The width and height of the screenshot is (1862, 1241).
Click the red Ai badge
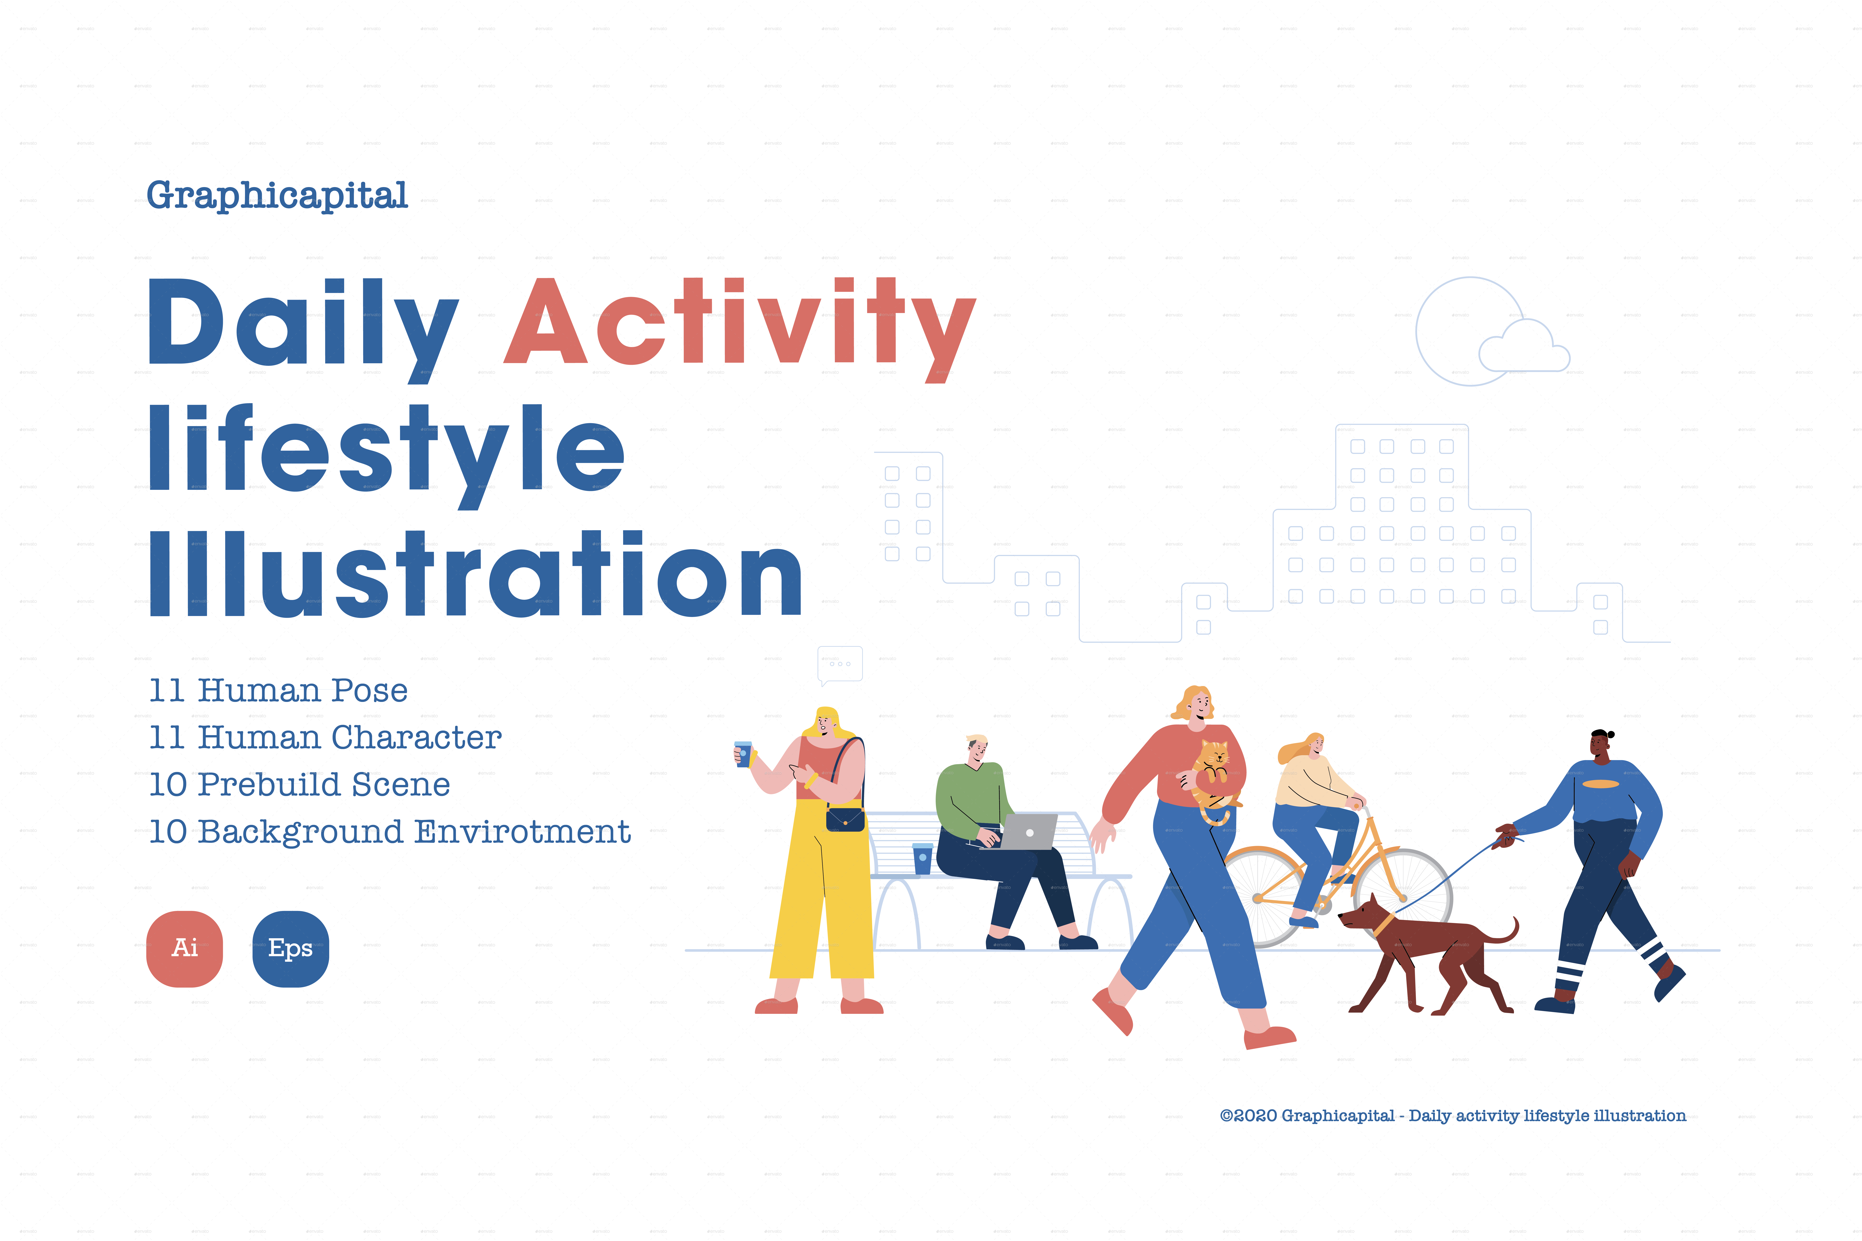point(184,948)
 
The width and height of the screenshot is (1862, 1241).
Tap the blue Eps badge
point(291,948)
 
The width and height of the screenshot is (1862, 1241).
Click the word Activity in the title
point(740,325)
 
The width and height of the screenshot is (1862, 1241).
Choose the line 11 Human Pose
point(279,690)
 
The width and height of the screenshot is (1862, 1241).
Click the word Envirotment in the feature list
point(522,832)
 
